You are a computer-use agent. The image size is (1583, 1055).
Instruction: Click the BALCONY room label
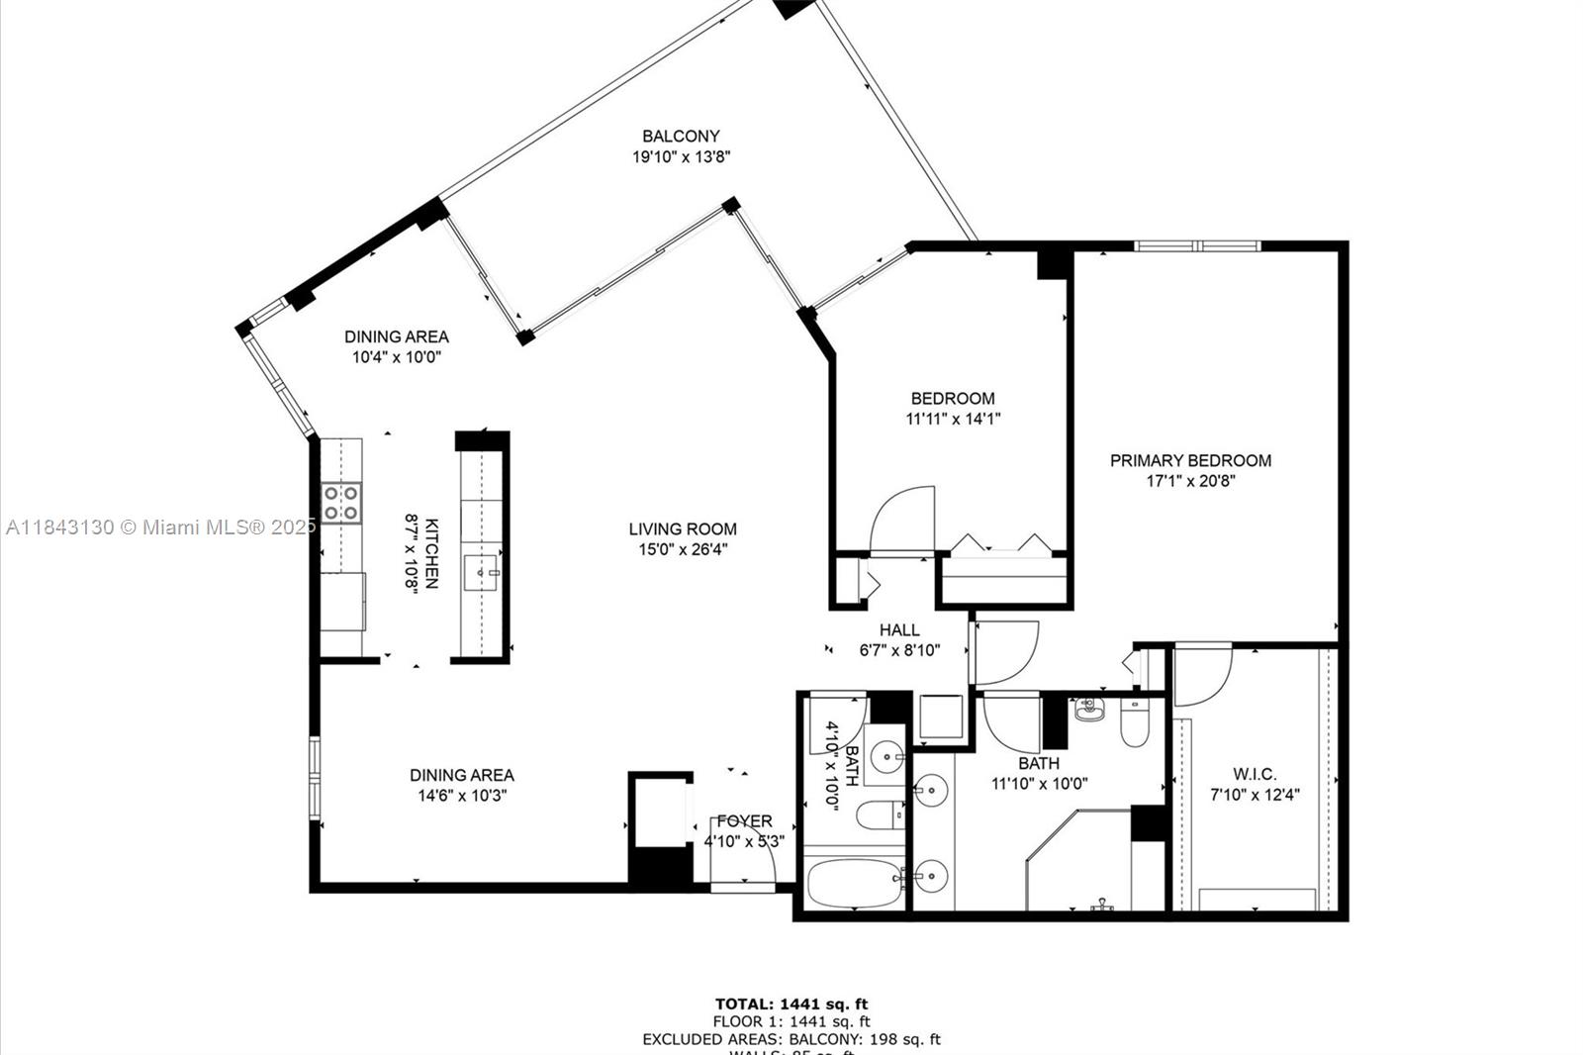tap(681, 136)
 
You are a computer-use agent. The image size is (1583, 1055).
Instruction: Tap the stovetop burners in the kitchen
tap(340, 503)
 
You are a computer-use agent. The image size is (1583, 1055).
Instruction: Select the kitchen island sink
tap(481, 572)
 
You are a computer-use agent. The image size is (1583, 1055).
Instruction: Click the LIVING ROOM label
tap(683, 528)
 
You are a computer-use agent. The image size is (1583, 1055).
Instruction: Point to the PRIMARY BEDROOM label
tap(1190, 460)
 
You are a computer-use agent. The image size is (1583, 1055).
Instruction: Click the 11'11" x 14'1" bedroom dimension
tap(953, 419)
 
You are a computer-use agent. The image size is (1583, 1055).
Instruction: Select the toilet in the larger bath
tap(1134, 725)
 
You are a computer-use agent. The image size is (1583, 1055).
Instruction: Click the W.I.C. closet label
tap(1255, 774)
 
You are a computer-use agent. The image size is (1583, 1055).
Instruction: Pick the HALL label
tap(899, 629)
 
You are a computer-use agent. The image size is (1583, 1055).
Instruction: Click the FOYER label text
tap(744, 820)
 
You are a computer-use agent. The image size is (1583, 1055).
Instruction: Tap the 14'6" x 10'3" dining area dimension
tap(462, 796)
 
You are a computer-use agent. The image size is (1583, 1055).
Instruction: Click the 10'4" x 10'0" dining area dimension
tap(396, 356)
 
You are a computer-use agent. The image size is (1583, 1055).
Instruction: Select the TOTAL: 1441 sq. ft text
tap(791, 1004)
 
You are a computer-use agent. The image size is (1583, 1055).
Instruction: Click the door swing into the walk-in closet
tap(1202, 673)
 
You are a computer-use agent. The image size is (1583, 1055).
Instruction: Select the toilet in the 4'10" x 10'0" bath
tap(879, 815)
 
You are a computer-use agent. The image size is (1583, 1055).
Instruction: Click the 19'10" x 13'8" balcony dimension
tap(681, 156)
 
